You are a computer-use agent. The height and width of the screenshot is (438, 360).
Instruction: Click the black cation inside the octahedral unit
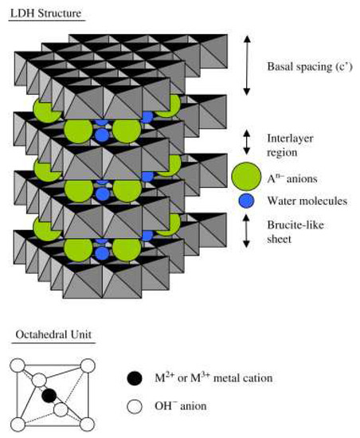(49, 395)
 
